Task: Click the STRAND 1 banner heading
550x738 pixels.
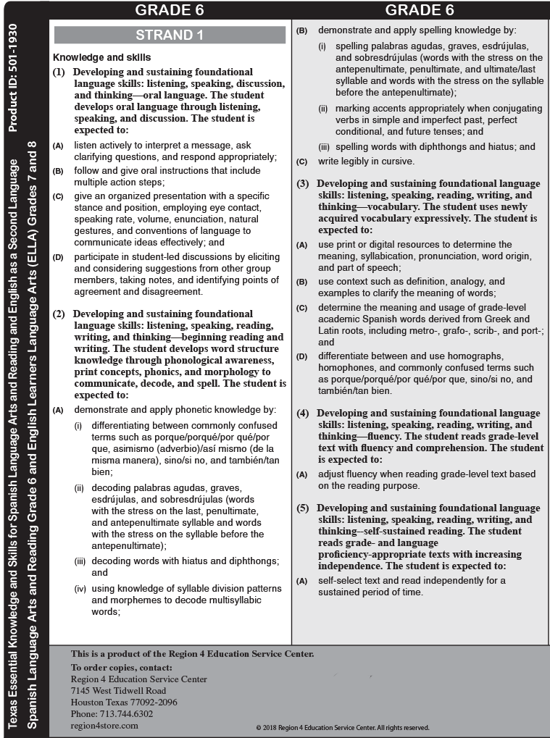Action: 170,35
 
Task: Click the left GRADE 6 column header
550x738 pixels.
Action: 170,9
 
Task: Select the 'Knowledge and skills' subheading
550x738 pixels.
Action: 102,57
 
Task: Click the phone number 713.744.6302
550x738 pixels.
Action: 112,713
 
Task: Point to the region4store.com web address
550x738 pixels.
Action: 104,725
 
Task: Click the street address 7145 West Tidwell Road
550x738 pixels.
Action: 118,690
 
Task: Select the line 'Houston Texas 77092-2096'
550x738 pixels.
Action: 124,702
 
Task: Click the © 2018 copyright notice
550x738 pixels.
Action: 343,727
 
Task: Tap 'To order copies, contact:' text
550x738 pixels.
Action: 122,667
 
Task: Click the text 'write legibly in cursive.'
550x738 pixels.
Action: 366,161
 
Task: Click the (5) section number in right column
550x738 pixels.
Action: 303,508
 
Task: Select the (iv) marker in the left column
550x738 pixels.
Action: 80,589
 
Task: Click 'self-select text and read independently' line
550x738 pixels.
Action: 412,580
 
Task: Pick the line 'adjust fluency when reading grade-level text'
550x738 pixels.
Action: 427,474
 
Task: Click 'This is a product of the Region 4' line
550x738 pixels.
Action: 192,654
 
